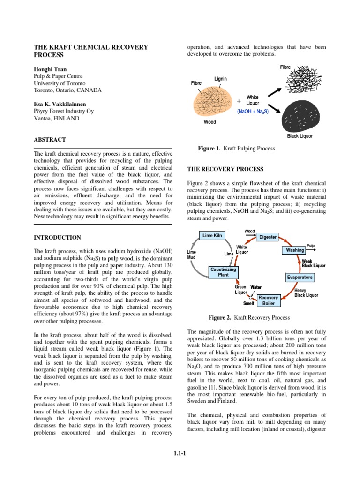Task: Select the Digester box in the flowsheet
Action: (x=268, y=237)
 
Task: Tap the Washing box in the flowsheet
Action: (x=295, y=250)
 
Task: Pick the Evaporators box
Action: (x=300, y=277)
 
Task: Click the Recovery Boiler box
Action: (x=269, y=300)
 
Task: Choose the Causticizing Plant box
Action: (x=223, y=272)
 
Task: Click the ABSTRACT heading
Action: (x=50, y=140)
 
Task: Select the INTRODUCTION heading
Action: (x=57, y=238)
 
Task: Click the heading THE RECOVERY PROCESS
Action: (x=225, y=169)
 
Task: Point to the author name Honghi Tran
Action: (x=50, y=69)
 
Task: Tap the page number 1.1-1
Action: (x=180, y=452)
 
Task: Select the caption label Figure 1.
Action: (x=209, y=149)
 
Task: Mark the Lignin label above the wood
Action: (x=220, y=79)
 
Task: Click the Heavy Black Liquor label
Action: (x=306, y=293)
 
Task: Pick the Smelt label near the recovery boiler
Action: (x=236, y=303)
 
